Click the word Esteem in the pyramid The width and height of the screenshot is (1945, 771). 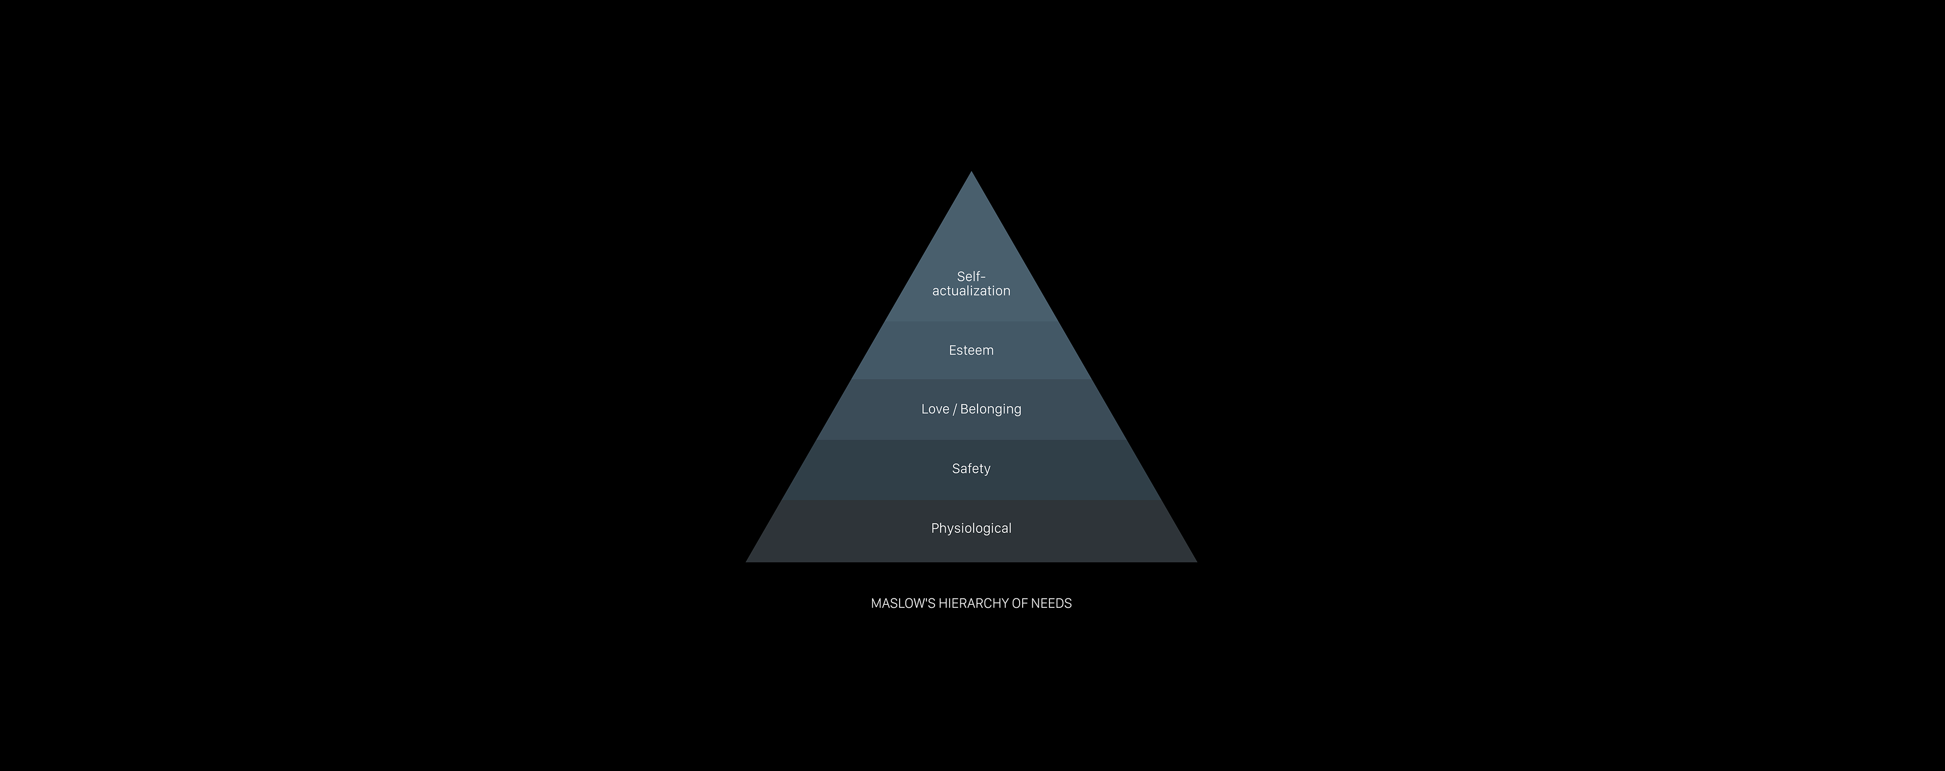(971, 351)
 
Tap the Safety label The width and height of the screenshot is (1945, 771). (971, 469)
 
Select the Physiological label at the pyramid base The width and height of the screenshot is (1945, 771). (971, 528)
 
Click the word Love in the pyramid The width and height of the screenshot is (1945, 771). (935, 409)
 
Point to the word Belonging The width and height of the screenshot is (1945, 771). (991, 410)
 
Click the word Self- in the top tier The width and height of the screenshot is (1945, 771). (971, 277)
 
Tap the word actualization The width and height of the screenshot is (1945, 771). (971, 291)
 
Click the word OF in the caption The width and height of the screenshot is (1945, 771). (1020, 603)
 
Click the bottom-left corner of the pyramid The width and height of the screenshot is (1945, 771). (747, 562)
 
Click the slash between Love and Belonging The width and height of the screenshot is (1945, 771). (954, 409)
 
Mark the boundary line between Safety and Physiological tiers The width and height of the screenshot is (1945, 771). (971, 500)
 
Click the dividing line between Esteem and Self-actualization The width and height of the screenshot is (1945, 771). (971, 321)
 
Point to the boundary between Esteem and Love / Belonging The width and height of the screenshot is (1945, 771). (971, 379)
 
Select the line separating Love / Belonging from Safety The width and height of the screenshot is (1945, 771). (971, 440)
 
